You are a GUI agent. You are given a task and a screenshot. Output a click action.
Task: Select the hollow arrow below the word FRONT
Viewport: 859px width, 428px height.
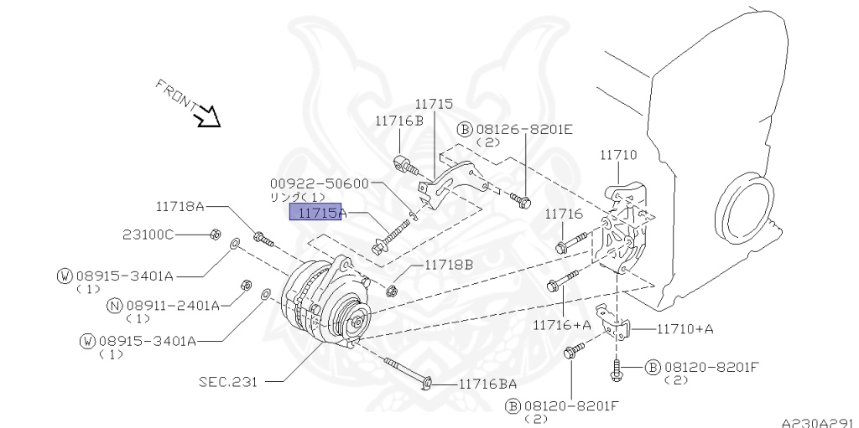coord(206,116)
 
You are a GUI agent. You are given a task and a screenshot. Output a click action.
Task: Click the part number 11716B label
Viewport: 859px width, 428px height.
coord(399,121)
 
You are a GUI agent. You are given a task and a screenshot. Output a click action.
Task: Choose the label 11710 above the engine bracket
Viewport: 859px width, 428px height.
coord(618,155)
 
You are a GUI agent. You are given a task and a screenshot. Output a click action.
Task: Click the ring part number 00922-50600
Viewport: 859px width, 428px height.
coord(319,183)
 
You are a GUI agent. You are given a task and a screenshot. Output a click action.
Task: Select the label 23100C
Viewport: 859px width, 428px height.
coord(148,235)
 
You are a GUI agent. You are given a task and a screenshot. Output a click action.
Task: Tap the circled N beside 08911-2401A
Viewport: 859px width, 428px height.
coord(113,306)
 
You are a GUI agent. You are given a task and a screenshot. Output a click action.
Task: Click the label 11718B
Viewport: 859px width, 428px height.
coord(448,265)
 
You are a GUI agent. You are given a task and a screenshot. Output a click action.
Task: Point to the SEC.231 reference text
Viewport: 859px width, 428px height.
coord(227,381)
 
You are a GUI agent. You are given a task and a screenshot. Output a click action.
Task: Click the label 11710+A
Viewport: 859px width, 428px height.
coord(685,328)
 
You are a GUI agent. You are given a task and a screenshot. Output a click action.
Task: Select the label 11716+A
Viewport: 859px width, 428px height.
coord(561,323)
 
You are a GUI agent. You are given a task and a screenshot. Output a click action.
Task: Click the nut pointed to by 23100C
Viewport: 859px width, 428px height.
coord(214,234)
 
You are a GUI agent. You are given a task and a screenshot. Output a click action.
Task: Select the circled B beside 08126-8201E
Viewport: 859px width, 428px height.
coord(465,129)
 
